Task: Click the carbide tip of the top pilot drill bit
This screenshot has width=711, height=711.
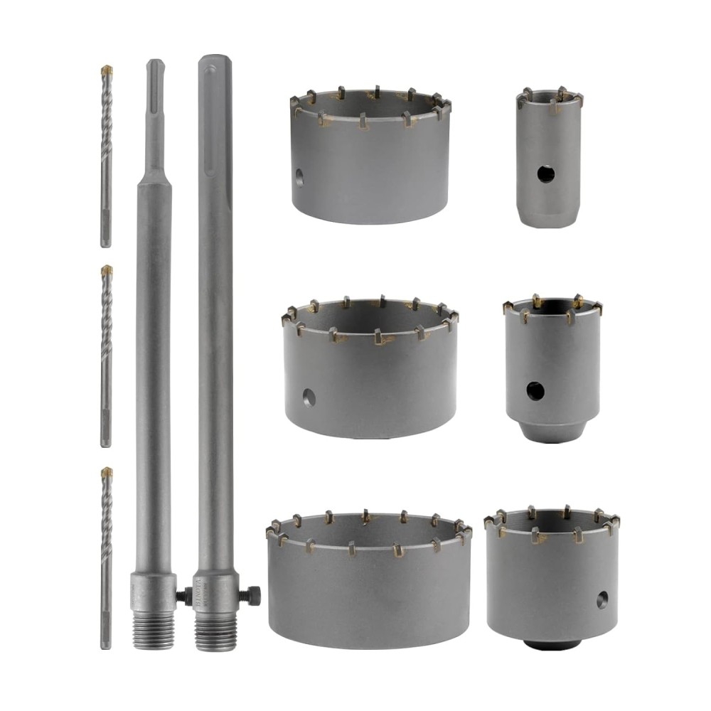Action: [107, 70]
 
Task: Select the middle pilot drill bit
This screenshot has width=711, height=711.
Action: [107, 355]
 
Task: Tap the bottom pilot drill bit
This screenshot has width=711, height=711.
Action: [107, 558]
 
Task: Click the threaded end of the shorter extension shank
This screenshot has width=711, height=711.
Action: [153, 629]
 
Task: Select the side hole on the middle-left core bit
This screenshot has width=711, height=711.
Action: [309, 397]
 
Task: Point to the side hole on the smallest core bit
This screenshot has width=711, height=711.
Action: [545, 173]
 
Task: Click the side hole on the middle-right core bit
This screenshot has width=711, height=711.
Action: [535, 390]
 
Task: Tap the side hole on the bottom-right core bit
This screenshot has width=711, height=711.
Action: [602, 599]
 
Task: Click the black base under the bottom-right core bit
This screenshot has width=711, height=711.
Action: [552, 644]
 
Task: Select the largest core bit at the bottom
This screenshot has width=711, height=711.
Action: [368, 590]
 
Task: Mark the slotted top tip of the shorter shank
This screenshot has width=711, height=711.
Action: [155, 68]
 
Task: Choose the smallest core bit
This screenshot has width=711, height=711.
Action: [549, 160]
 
